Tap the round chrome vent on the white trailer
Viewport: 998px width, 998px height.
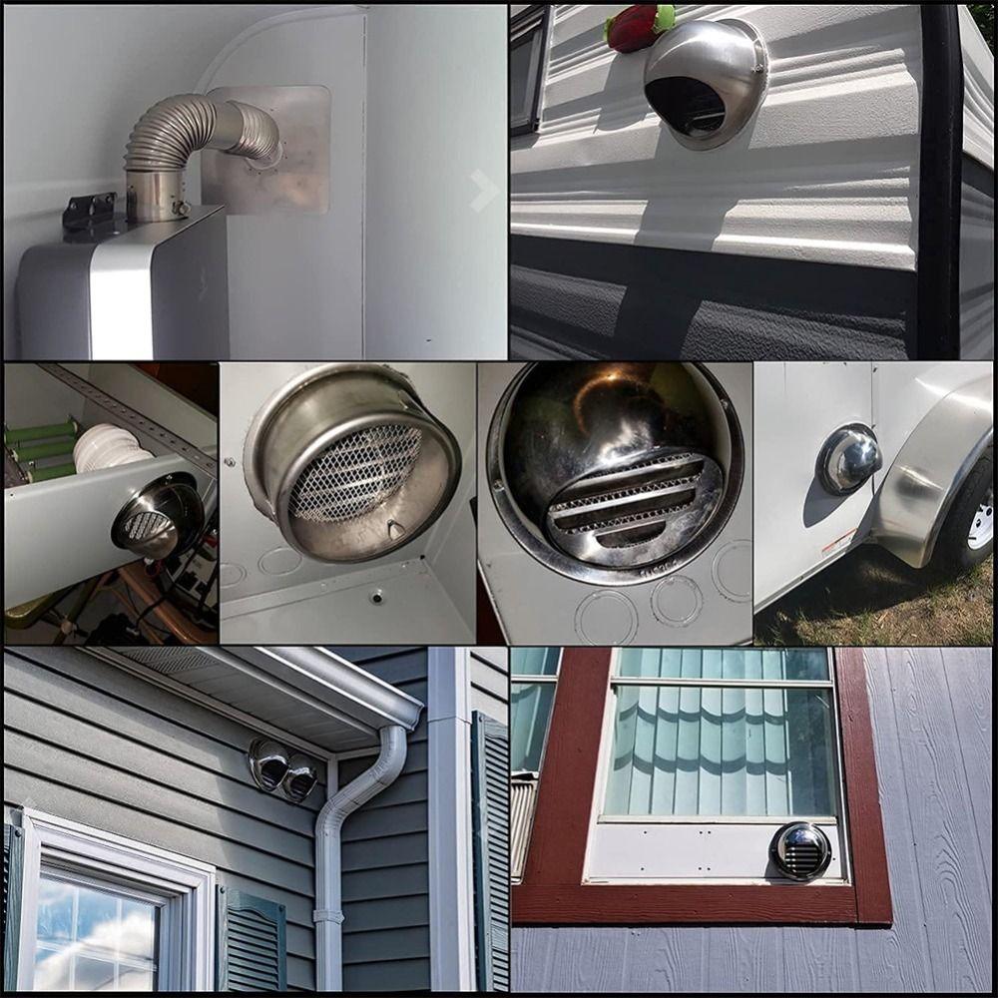coord(847,459)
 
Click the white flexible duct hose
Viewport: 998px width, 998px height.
coord(110,449)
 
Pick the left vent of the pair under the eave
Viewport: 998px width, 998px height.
coord(267,764)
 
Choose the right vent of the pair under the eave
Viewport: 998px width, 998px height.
coord(299,778)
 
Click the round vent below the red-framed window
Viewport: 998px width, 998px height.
coord(800,850)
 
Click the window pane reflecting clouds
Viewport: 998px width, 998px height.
coord(95,933)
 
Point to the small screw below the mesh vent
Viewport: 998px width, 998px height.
coord(377,596)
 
